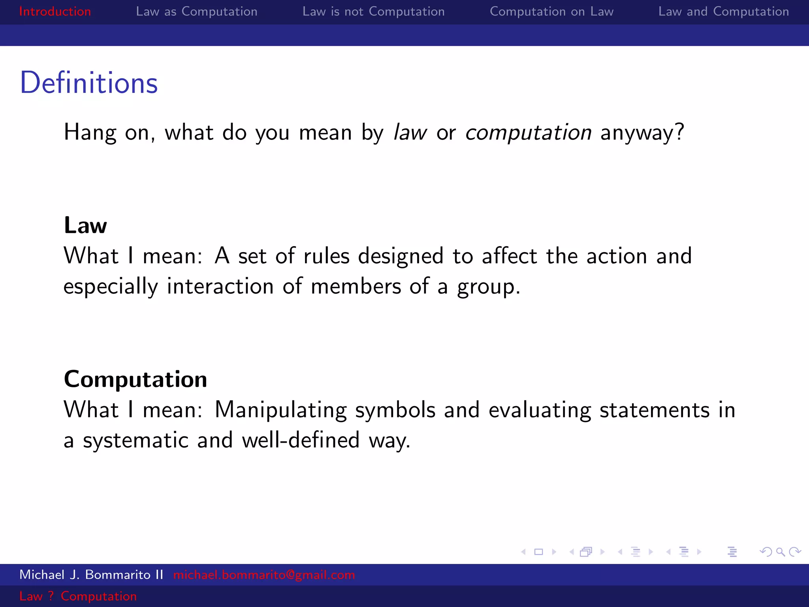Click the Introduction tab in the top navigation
[55, 11]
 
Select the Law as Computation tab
[196, 11]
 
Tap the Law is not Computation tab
[373, 11]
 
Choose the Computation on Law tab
[551, 11]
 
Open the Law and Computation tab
[723, 11]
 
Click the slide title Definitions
[89, 83]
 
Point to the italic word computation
[528, 132]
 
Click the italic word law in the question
[410, 132]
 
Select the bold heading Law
[85, 225]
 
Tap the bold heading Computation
[135, 379]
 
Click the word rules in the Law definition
[326, 256]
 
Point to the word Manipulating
[280, 410]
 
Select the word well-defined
[301, 440]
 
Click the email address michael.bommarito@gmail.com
[264, 575]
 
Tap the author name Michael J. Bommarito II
[91, 575]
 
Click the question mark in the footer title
[51, 596]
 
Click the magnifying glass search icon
[780, 552]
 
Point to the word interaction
[220, 286]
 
